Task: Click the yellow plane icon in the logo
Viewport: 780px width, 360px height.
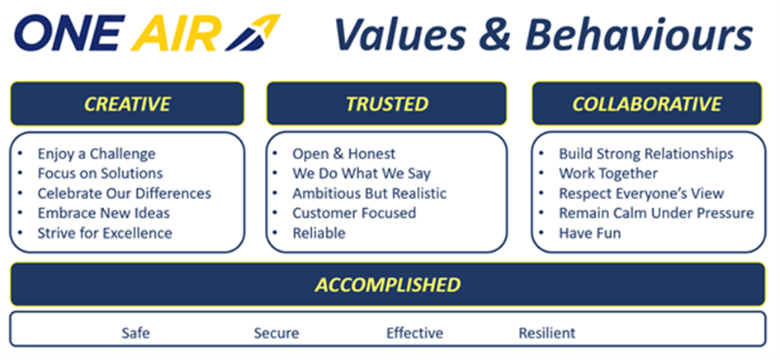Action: [x=253, y=33]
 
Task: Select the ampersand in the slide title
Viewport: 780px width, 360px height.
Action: [x=494, y=35]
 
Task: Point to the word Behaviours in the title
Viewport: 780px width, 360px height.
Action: [x=639, y=35]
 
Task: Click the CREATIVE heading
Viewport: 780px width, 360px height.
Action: [x=127, y=104]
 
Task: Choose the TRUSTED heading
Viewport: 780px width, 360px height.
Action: [x=387, y=104]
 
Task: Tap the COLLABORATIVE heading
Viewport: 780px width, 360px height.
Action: [x=646, y=104]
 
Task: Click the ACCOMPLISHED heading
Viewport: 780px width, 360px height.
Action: [x=387, y=285]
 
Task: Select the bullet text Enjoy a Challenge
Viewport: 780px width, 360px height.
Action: [x=97, y=154]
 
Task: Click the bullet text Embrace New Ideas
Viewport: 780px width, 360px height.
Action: [x=103, y=213]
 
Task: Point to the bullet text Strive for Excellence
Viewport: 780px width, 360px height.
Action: [x=105, y=233]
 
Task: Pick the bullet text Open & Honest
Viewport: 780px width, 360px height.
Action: [x=344, y=154]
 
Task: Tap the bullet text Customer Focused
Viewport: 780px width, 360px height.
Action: [x=354, y=213]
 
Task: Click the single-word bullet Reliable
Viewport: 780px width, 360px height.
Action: [x=319, y=233]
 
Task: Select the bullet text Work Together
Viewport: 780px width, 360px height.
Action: [x=608, y=173]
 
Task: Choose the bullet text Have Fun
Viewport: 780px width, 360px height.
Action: [x=590, y=233]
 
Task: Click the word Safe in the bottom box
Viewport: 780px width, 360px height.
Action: [x=136, y=333]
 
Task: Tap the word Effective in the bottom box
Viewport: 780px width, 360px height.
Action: [x=415, y=333]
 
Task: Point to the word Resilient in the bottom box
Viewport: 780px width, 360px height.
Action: [x=546, y=333]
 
